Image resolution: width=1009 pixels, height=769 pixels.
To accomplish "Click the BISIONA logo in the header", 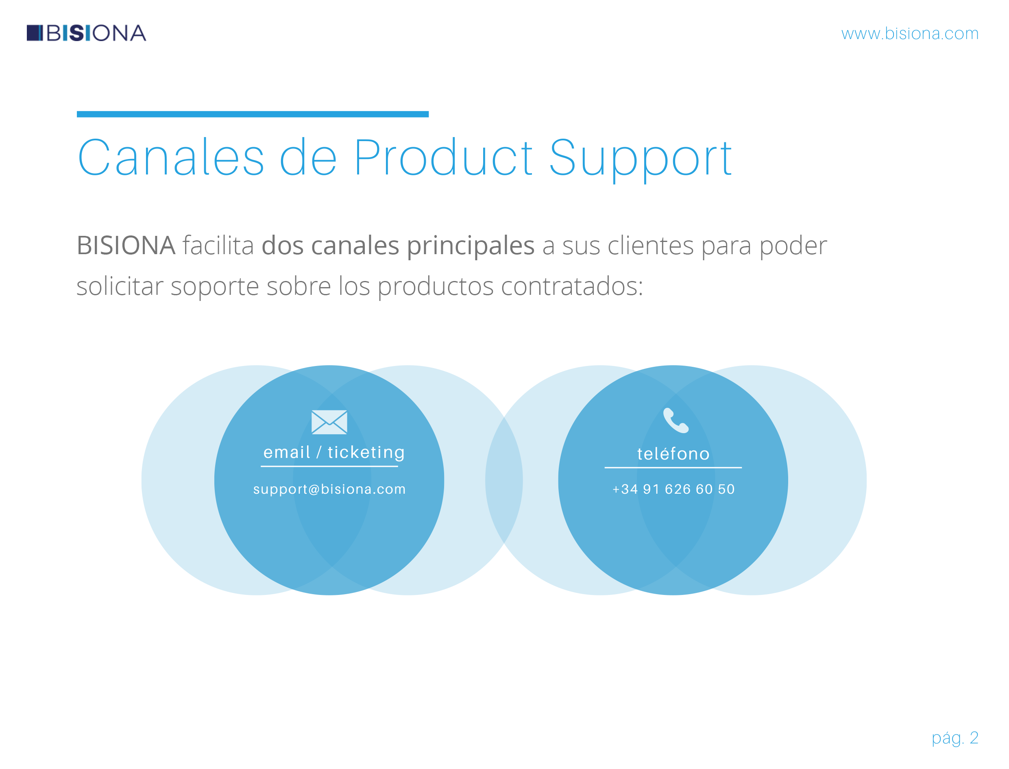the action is tap(86, 33).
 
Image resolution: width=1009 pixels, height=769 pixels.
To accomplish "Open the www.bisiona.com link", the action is tap(910, 34).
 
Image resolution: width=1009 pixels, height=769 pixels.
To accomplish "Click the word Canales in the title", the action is tap(171, 157).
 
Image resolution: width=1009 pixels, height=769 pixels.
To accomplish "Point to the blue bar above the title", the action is tap(253, 114).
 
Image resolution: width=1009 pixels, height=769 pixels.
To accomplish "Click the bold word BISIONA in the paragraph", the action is tap(126, 245).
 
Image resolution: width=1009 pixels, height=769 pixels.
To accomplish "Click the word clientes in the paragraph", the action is tap(651, 246).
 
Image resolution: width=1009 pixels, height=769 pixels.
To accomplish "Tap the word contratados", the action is tap(572, 287).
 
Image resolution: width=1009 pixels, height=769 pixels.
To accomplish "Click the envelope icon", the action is tap(329, 422).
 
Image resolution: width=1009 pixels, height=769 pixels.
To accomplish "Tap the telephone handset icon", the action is tap(676, 420).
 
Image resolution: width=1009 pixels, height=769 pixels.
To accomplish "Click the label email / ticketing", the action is tap(334, 453).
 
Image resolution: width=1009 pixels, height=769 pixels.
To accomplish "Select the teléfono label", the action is tap(673, 453).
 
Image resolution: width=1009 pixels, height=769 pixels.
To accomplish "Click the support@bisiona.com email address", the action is tap(329, 489).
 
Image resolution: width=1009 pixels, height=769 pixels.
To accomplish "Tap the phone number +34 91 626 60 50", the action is tap(673, 489).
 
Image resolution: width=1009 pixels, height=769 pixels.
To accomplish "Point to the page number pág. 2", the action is tap(955, 738).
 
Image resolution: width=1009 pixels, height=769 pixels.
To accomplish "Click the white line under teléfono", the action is tap(673, 468).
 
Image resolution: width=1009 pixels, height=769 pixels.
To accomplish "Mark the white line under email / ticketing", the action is tap(329, 466).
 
